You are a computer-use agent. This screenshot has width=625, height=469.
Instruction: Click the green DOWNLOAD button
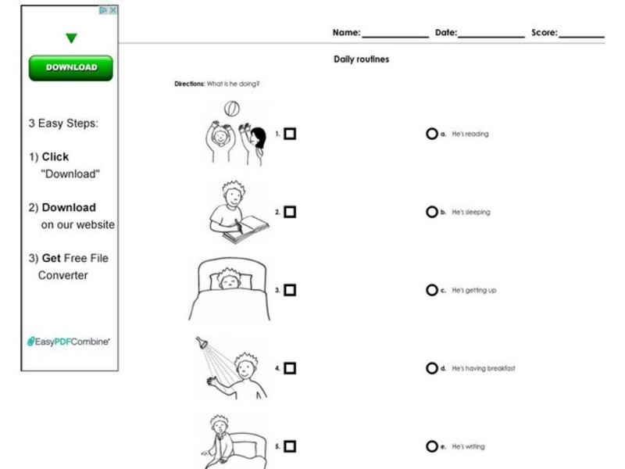70,68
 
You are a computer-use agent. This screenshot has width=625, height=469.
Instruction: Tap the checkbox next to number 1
290,134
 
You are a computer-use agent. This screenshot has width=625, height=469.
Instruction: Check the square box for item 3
290,290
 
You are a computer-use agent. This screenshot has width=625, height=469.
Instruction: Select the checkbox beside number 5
290,446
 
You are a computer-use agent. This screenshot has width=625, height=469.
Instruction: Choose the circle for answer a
431,134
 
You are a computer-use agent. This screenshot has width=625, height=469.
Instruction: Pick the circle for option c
431,290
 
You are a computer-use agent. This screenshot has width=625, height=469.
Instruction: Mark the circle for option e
431,446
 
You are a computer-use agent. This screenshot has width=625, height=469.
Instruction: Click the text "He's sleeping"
471,213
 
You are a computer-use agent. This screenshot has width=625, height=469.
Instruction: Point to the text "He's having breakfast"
484,369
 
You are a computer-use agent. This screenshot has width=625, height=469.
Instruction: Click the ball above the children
232,109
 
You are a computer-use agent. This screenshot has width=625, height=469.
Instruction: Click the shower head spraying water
202,342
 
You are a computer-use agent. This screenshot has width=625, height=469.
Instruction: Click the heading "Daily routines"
361,59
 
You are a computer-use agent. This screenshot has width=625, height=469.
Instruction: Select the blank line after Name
395,35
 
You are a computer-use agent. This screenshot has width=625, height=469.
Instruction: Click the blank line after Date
491,35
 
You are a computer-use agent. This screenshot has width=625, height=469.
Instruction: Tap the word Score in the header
544,33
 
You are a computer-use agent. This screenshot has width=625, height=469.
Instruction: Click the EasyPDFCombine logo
69,342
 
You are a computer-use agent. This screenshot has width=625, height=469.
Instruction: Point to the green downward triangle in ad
71,38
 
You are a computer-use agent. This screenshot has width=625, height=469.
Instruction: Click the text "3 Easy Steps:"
63,124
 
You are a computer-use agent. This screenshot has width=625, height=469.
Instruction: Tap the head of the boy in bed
228,278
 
